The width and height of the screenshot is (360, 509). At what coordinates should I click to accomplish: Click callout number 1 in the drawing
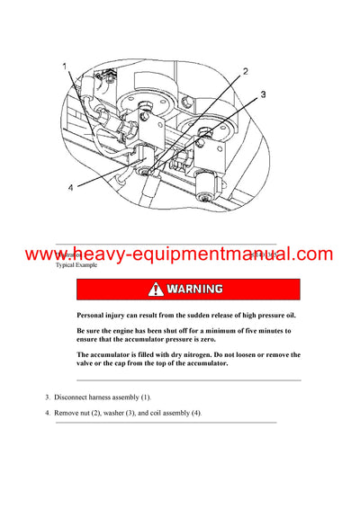pos(65,67)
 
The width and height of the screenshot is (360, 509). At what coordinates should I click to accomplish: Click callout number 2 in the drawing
pos(246,71)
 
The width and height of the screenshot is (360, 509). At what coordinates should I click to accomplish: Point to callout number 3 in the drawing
pos(264,94)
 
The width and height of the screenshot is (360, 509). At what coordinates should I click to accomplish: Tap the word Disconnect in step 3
pos(73,397)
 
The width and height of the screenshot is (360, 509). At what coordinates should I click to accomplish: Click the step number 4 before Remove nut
pos(48,413)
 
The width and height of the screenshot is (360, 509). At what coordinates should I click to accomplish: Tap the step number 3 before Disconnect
pos(48,397)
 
